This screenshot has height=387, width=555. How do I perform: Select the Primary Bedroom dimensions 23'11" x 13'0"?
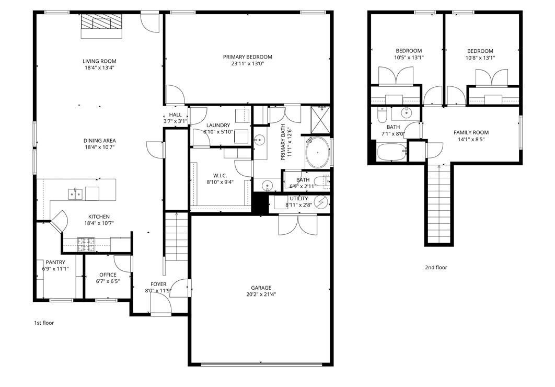tap(247, 64)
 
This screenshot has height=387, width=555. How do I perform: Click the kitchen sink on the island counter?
tap(75, 194)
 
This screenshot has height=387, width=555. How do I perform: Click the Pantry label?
tap(55, 263)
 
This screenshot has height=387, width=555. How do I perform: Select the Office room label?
tap(108, 275)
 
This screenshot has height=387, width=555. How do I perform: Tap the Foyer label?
tap(158, 284)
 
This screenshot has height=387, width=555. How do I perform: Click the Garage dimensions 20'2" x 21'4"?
tap(261, 294)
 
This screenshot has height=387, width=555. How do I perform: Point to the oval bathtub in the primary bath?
tap(318, 153)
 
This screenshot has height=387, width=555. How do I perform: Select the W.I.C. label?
tap(220, 175)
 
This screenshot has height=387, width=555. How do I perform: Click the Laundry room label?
tap(218, 126)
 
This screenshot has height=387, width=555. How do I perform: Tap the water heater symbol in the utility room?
tap(322, 202)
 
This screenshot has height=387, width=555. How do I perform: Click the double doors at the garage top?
tap(297, 224)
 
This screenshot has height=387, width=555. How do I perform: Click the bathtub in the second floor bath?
tap(391, 153)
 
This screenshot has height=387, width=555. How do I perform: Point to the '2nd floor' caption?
tap(436, 267)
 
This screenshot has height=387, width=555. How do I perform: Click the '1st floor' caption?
tap(44, 323)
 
